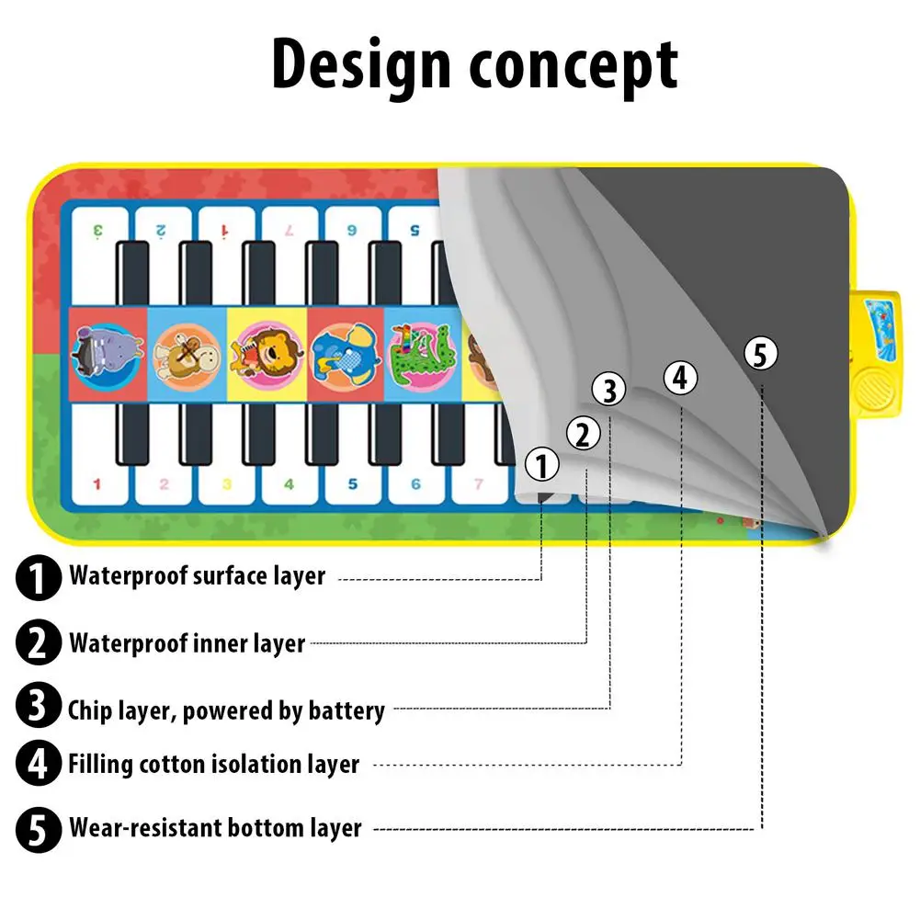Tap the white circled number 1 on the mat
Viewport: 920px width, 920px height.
(543, 466)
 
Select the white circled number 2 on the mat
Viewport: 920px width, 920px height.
(584, 433)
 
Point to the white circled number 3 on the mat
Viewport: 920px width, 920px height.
(609, 390)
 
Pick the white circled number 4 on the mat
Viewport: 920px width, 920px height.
(680, 377)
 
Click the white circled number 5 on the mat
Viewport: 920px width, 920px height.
(761, 354)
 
